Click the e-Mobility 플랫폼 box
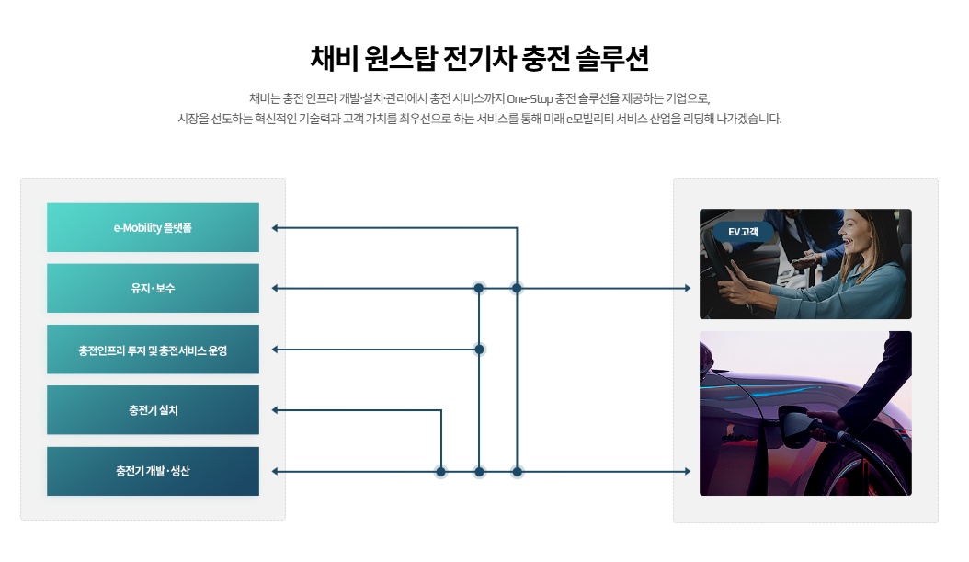click(153, 227)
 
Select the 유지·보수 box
click(153, 288)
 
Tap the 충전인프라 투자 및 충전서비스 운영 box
click(153, 350)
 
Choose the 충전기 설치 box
click(153, 410)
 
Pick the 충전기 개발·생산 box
click(153, 471)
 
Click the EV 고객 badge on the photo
click(743, 232)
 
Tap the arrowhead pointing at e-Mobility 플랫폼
click(275, 227)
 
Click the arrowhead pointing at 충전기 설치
click(275, 410)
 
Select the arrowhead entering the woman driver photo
click(686, 288)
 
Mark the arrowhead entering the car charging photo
click(686, 471)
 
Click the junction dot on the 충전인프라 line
click(479, 350)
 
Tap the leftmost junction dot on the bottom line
click(441, 471)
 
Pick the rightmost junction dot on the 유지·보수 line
click(517, 288)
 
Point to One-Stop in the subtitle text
click(529, 98)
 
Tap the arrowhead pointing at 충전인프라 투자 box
click(275, 350)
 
